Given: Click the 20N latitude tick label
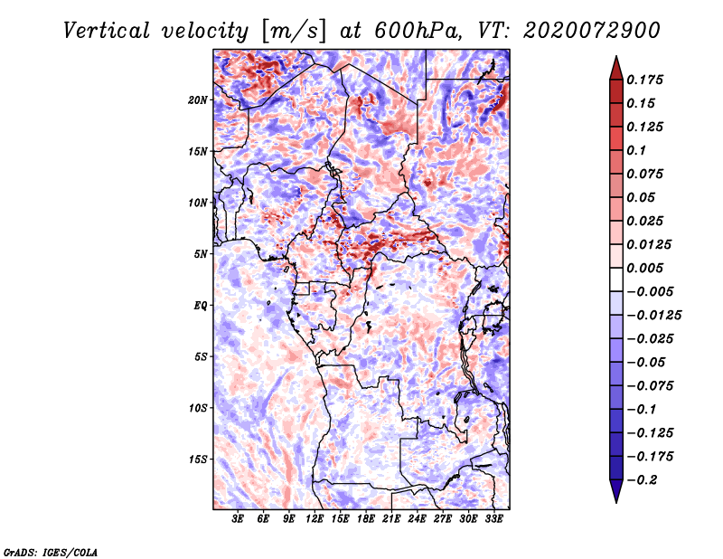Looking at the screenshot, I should (198, 99).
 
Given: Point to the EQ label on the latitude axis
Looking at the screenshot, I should (201, 306).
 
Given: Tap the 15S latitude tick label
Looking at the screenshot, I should (198, 460).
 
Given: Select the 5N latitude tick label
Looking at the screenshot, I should (201, 254).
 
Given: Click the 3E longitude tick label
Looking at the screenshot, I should (239, 519).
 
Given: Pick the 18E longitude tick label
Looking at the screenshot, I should (365, 519).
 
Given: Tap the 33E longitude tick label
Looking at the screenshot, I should (493, 519).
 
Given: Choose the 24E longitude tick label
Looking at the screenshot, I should (417, 519).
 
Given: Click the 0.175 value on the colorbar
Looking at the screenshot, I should (647, 80).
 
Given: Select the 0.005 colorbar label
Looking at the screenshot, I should (647, 268).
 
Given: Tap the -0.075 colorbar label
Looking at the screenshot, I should (653, 385).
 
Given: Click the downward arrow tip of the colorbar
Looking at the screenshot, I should (615, 500).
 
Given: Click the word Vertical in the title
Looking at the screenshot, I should (106, 30).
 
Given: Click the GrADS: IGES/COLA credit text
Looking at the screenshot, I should (50, 551).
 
